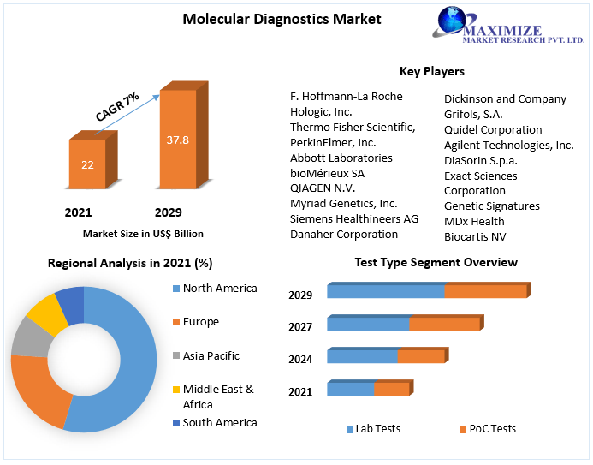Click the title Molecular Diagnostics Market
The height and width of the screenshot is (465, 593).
point(282,19)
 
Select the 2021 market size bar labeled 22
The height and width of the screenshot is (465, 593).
point(87,164)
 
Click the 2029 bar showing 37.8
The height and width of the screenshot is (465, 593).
point(177,139)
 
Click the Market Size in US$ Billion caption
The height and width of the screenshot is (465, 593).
point(143,233)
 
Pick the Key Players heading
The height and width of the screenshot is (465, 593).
point(431,71)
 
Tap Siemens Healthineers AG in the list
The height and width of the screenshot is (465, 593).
point(353,218)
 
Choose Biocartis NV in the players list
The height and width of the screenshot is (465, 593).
point(475,236)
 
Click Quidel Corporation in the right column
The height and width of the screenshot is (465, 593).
point(492,130)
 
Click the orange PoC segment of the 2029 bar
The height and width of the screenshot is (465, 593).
point(485,291)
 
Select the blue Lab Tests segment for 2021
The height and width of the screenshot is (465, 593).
point(351,390)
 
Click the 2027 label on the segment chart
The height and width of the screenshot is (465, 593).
point(300,326)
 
